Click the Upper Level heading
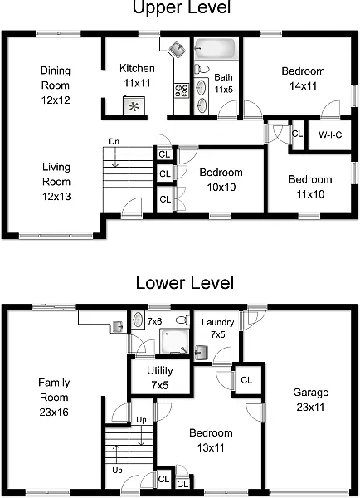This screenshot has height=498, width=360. pyautogui.click(x=181, y=9)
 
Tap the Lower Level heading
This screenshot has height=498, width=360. pyautogui.click(x=181, y=283)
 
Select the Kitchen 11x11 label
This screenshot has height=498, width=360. pyautogui.click(x=136, y=76)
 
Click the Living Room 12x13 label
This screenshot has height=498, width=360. pyautogui.click(x=56, y=180)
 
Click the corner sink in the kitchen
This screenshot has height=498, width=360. pyautogui.click(x=176, y=47)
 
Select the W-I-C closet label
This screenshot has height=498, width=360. pyautogui.click(x=329, y=134)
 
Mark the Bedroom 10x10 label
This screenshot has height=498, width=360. pyautogui.click(x=221, y=178)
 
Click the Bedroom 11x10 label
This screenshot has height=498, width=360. pyautogui.click(x=309, y=187)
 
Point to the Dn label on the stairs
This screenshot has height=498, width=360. pyautogui.click(x=114, y=141)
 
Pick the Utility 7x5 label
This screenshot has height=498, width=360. pyautogui.click(x=159, y=377)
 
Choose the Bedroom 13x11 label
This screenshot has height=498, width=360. pyautogui.click(x=211, y=440)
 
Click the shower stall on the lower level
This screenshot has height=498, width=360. pyautogui.click(x=175, y=344)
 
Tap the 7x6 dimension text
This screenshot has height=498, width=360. pyautogui.click(x=154, y=320)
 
